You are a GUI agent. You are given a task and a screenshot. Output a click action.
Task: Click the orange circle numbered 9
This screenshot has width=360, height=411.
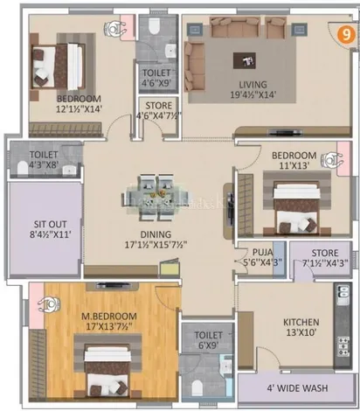[x=346, y=35]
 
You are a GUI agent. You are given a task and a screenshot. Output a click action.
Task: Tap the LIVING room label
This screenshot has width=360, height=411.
[x=253, y=85]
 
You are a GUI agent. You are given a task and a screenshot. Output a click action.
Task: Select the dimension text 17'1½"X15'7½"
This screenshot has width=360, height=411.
[x=156, y=245]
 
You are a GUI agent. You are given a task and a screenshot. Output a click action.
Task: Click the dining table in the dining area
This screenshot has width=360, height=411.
[x=156, y=198]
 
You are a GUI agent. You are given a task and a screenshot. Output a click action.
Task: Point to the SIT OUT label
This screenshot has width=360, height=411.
[x=51, y=224]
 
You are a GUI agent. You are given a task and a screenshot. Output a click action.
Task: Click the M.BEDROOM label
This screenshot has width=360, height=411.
[x=109, y=316]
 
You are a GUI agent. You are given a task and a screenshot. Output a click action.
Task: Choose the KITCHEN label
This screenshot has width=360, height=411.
[x=301, y=322]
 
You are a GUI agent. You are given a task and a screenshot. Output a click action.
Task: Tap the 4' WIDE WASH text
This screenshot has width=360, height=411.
[x=297, y=388]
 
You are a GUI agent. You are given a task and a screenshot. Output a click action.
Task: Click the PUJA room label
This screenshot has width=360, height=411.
[x=263, y=252]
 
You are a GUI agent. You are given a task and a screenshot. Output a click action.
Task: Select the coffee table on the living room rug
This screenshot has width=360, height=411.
[x=245, y=60]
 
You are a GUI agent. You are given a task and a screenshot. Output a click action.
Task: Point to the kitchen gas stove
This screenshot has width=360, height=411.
[x=343, y=346]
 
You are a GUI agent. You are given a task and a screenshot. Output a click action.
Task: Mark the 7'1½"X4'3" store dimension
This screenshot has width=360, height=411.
[x=325, y=263]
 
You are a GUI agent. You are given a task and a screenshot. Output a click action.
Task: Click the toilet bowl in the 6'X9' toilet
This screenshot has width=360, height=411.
[x=197, y=388]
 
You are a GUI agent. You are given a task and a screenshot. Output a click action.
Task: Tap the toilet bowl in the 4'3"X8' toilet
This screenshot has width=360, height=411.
[x=22, y=169]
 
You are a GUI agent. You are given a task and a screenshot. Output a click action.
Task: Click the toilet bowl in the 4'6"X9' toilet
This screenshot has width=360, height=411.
[x=154, y=26]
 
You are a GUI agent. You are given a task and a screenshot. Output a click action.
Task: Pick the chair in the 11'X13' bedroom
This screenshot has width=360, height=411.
[x=332, y=160]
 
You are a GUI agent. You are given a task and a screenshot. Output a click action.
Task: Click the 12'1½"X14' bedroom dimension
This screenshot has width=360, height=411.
[x=79, y=109]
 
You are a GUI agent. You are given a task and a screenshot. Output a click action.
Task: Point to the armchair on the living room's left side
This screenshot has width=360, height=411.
[x=194, y=66]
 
